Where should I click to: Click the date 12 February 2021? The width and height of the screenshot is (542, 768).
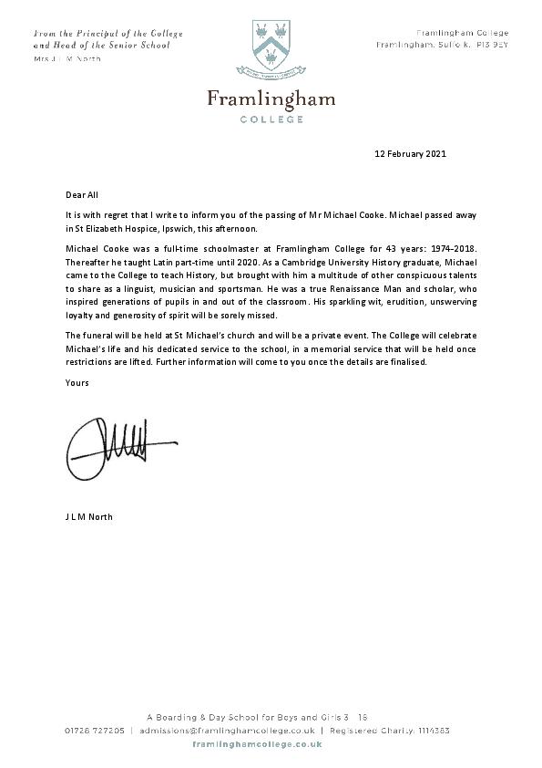click(411, 154)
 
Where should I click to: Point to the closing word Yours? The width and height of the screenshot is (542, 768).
click(77, 383)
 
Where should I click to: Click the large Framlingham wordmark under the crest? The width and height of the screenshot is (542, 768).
click(271, 99)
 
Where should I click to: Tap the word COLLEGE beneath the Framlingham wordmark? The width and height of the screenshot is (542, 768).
click(271, 119)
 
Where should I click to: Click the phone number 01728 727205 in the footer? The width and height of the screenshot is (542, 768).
click(96, 731)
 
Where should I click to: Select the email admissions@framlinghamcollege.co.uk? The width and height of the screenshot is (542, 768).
click(227, 731)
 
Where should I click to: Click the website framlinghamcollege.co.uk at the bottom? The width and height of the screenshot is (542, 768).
click(271, 745)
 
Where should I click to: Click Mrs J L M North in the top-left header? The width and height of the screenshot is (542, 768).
click(67, 59)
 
